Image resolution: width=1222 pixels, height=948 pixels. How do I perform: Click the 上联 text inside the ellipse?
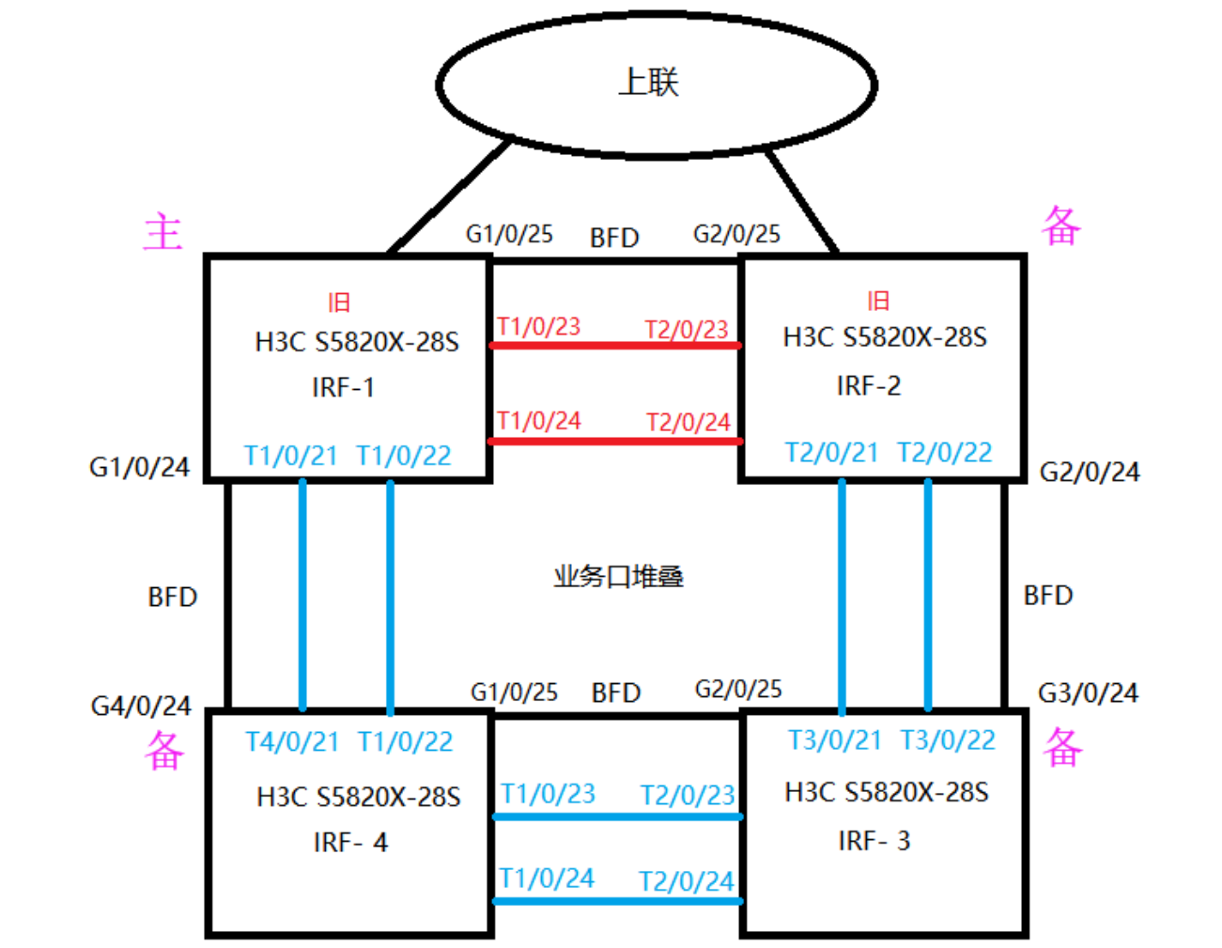pos(648,82)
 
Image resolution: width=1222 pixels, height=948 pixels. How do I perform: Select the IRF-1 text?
pos(343,387)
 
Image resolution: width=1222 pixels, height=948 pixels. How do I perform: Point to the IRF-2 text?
pos(869,386)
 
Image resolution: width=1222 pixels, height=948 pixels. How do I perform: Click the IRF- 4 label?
pos(351,842)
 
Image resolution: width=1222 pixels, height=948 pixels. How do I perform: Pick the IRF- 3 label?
pos(874,841)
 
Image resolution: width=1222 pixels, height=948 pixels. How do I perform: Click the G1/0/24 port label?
pos(139,467)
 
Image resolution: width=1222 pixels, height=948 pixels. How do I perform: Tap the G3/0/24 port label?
pos(1089,692)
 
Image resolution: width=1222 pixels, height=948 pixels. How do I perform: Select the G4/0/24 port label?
pos(141,707)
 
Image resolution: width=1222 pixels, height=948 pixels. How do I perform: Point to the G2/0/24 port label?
pos(1090,472)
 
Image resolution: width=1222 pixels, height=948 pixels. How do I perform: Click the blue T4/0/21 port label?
pos(292,741)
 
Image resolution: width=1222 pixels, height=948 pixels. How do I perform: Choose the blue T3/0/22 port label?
pos(948,740)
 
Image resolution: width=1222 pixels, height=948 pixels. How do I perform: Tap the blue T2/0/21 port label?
pos(831,453)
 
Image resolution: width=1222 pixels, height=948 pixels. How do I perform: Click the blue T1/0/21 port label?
pos(291,456)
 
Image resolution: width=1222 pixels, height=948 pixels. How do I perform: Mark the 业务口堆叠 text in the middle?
pos(619,577)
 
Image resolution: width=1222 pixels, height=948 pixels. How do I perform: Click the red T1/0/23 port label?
pos(539,327)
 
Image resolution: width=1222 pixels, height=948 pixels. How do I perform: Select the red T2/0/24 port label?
pos(688,422)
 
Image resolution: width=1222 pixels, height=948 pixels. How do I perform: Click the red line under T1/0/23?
pos(616,345)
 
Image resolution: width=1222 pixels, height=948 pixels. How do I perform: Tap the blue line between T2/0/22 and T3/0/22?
pos(928,595)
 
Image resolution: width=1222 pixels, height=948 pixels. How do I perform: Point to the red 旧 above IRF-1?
pos(339,303)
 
